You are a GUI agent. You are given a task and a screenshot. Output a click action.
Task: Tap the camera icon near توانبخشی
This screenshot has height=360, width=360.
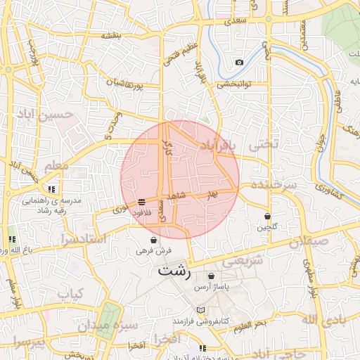pyautogui.click(x=239, y=63)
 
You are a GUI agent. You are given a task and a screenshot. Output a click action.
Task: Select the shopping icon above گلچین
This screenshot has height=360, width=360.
pyautogui.click(x=267, y=216)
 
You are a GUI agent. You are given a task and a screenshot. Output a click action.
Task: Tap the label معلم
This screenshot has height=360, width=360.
pyautogui.click(x=56, y=167)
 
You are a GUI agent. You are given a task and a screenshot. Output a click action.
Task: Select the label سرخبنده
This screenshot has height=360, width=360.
pyautogui.click(x=271, y=184)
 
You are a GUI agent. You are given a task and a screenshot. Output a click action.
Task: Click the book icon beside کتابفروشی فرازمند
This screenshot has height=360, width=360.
pyautogui.click(x=201, y=310)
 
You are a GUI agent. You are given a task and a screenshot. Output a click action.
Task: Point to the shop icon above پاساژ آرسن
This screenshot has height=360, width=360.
pyautogui.click(x=212, y=276)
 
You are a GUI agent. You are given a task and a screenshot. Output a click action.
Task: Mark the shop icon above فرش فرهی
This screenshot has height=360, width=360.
pyautogui.click(x=153, y=240)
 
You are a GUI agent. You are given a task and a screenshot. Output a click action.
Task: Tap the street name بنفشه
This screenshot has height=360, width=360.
pyautogui.click(x=112, y=35)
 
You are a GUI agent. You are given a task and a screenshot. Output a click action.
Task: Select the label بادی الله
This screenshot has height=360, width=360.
pyautogui.click(x=338, y=321)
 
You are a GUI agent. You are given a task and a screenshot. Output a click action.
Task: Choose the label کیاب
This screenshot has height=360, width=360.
pyautogui.click(x=70, y=293)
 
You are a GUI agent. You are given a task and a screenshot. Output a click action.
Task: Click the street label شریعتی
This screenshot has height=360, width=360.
pyautogui.click(x=243, y=262)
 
